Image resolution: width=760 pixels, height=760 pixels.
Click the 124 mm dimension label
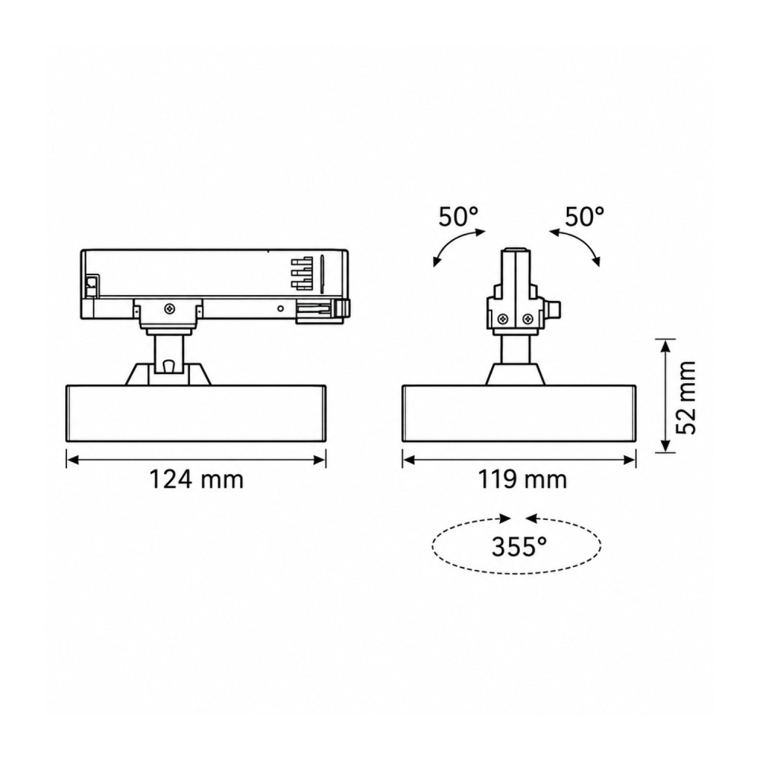pos(196,480)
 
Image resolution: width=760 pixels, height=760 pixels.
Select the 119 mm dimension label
pos(522,480)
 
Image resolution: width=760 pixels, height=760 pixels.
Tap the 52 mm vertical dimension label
pos(686,397)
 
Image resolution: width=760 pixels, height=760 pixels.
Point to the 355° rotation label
pos(519,547)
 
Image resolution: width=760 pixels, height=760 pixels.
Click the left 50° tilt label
pos(458,217)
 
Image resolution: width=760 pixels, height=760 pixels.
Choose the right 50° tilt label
pos(584,216)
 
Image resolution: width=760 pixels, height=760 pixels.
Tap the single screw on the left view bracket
pos(169,308)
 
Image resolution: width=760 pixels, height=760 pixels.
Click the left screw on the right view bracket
pos(502,318)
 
